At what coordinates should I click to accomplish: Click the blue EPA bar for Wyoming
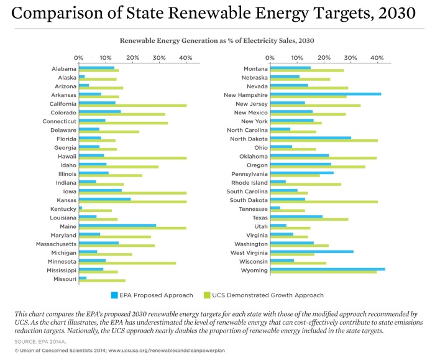[327, 269]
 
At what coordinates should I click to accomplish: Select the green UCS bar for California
[133, 106]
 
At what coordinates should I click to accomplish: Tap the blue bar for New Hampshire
[326, 93]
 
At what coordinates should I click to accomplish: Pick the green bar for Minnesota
[127, 263]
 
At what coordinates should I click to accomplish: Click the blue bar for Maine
[117, 225]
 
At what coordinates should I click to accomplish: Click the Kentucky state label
[63, 210]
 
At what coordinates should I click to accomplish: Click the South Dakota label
[248, 200]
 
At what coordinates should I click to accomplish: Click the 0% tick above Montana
[270, 58]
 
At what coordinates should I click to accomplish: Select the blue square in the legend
[114, 295]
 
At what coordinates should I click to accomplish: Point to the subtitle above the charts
[217, 40]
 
